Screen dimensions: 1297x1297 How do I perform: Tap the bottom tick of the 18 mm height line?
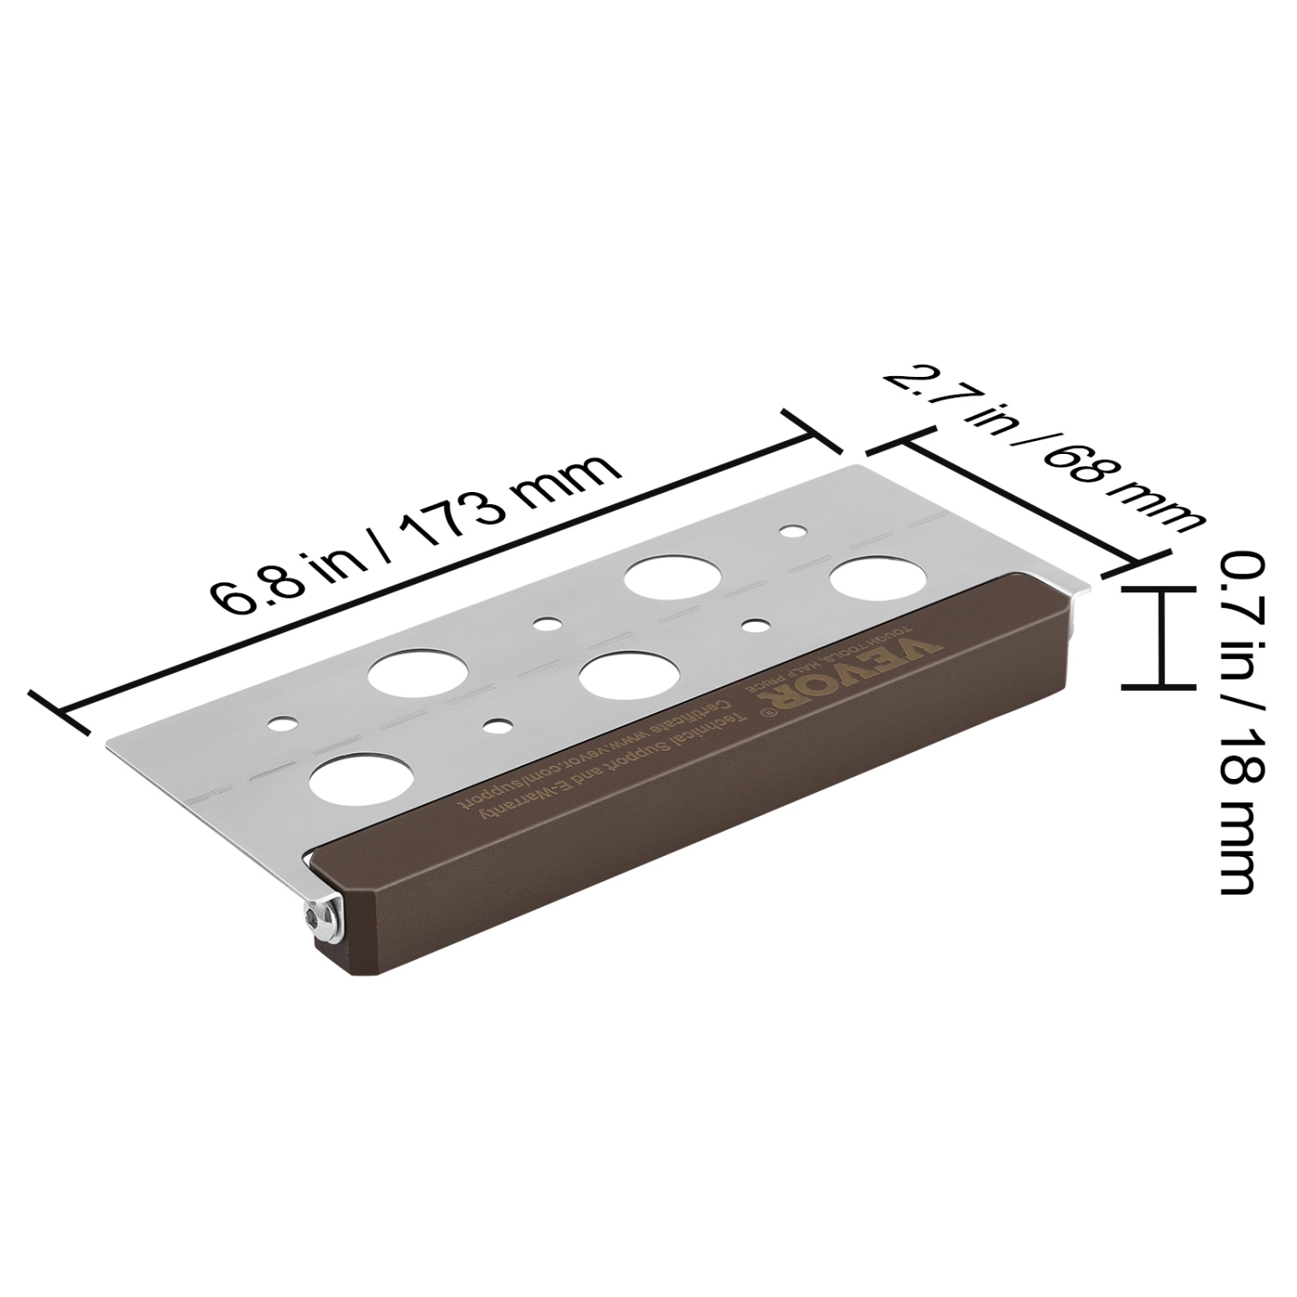(1153, 687)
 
